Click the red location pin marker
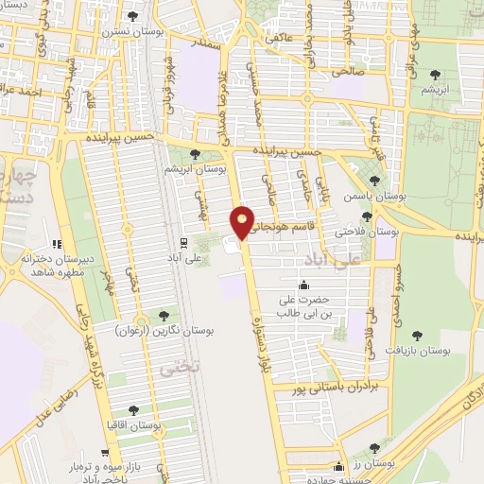pyautogui.click(x=243, y=221)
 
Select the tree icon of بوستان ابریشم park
pyautogui.click(x=195, y=154)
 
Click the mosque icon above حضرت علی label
pyautogui.click(x=303, y=285)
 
